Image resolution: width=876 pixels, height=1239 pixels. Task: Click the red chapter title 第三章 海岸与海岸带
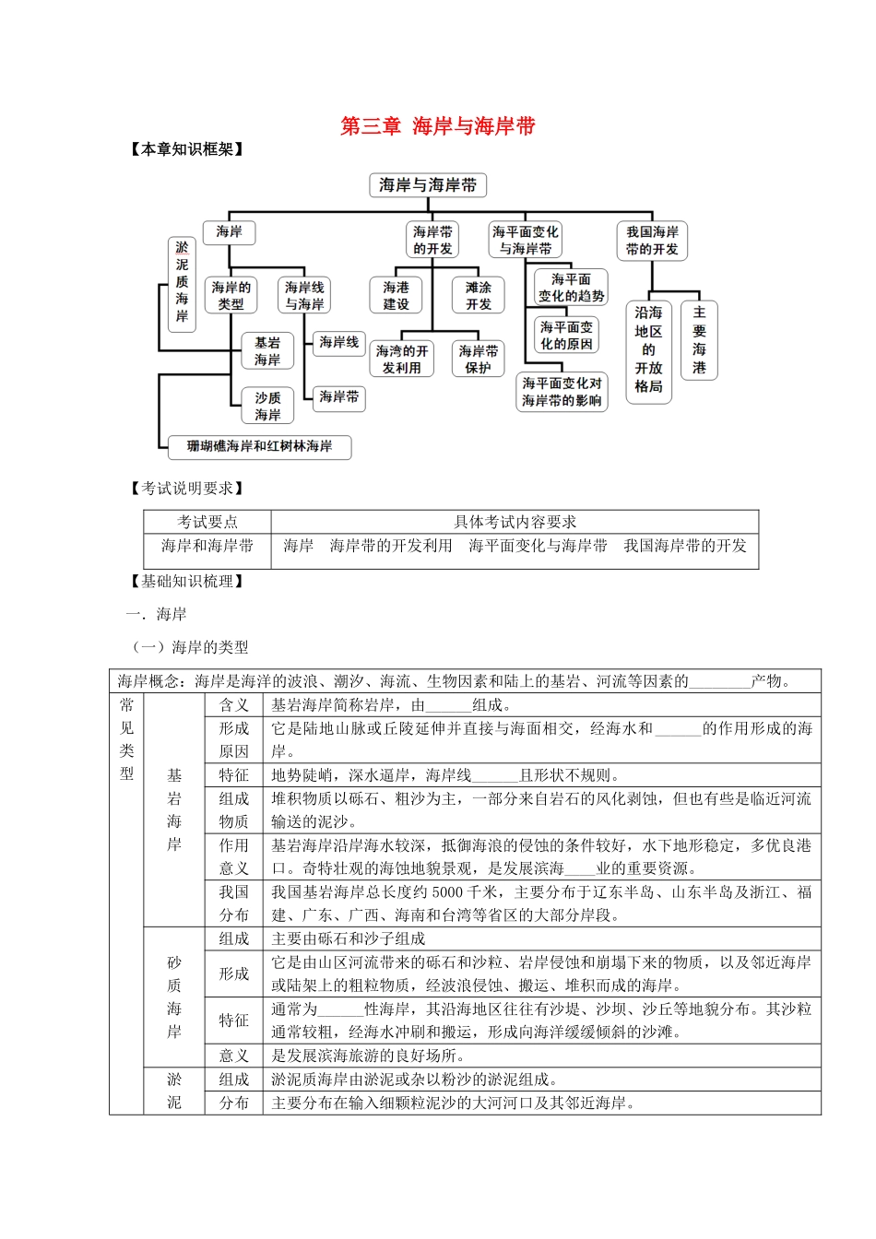437,126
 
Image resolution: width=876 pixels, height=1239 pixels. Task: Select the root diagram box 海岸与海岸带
428,185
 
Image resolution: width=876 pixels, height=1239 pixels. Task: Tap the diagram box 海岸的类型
231,295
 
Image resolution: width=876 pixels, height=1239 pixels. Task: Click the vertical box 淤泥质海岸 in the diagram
182,283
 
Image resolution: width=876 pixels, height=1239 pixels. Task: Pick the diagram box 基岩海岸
267,351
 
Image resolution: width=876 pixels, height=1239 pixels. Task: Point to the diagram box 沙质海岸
267,406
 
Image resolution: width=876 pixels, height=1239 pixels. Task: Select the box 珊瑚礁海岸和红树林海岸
259,446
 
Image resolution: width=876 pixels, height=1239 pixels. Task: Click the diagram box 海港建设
396,295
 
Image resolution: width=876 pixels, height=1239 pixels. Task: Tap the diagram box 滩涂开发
479,295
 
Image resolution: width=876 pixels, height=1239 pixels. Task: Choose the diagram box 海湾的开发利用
402,360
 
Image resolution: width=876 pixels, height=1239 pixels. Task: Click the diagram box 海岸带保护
479,360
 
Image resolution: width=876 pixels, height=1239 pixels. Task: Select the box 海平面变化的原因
566,336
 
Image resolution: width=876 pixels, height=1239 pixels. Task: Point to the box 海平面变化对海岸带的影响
562,392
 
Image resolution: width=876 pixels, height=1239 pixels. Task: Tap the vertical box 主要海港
699,339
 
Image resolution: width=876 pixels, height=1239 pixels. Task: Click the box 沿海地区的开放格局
648,349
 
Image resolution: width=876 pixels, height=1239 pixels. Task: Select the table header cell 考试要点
207,522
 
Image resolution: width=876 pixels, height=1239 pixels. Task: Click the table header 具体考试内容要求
515,522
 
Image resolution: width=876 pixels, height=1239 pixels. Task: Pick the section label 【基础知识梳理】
187,581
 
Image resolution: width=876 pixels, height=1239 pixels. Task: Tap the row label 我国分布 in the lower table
233,903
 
